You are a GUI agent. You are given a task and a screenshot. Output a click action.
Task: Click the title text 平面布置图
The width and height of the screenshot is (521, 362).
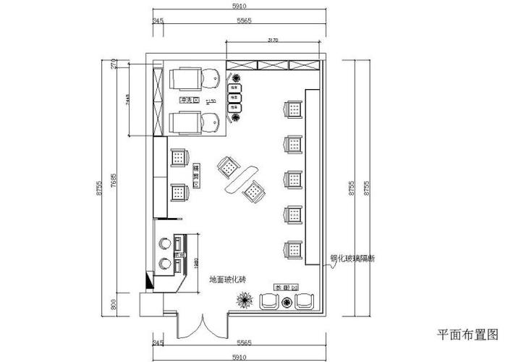tap(468, 334)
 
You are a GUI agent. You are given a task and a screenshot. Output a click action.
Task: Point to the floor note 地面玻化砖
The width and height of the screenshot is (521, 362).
tap(229, 279)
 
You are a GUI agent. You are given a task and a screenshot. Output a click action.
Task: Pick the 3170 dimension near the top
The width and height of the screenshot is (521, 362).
tap(273, 40)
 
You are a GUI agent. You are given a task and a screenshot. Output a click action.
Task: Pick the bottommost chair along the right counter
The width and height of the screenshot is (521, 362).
tap(293, 249)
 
